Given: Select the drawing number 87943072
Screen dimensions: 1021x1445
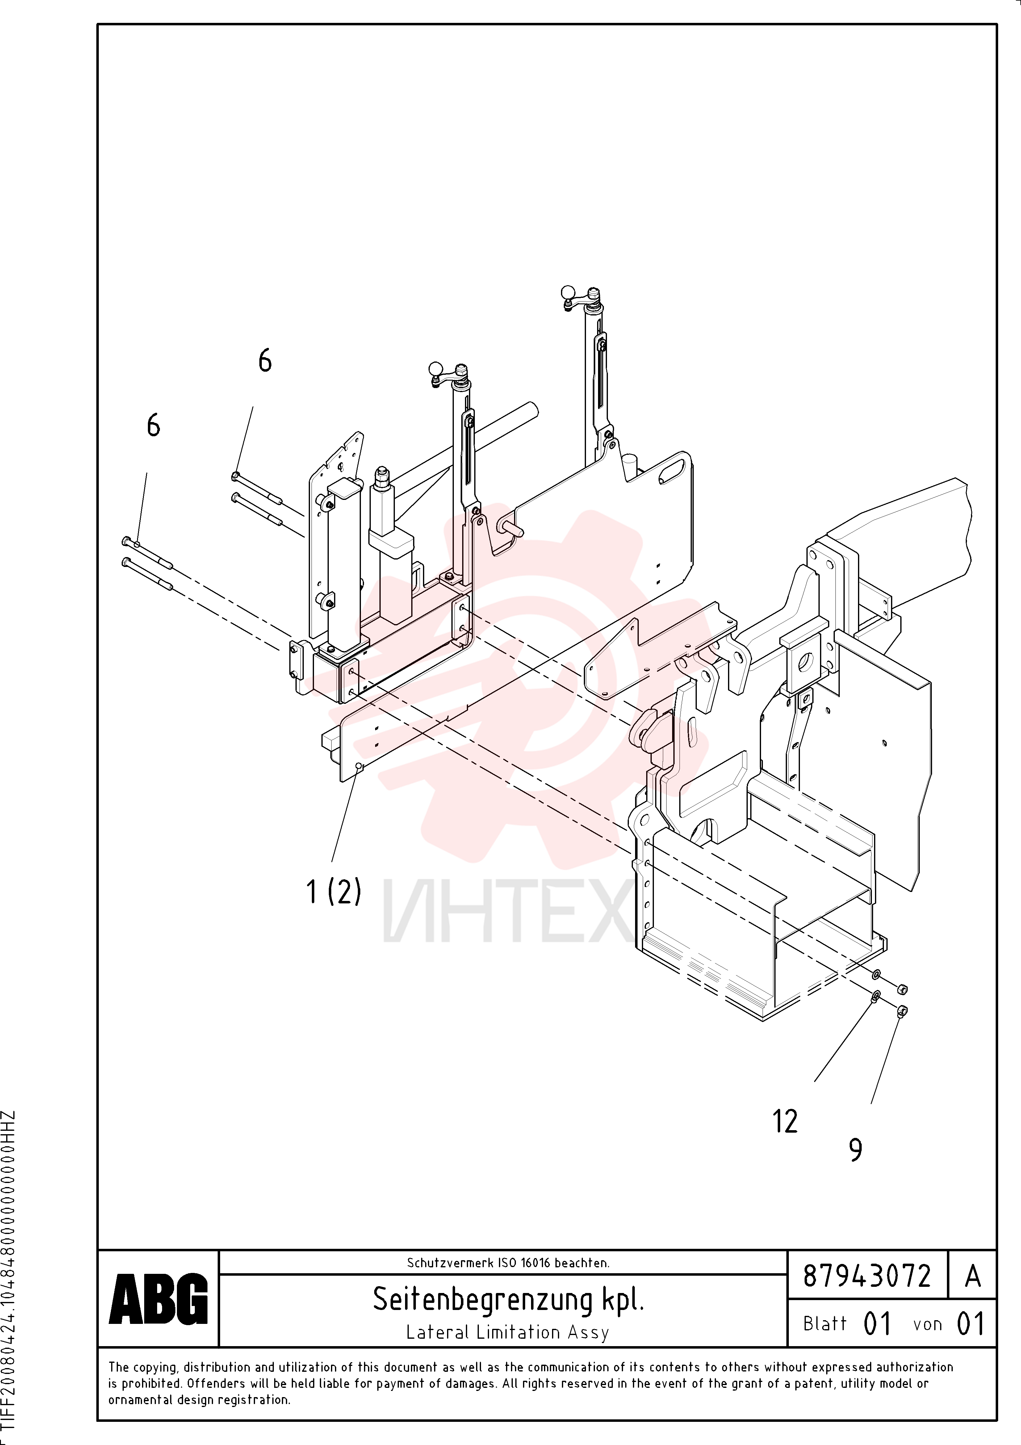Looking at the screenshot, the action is pyautogui.click(x=867, y=1276).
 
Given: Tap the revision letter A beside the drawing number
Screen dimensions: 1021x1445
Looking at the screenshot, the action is pyautogui.click(x=973, y=1276).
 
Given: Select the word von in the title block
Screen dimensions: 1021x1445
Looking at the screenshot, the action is pyautogui.click(x=927, y=1325).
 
